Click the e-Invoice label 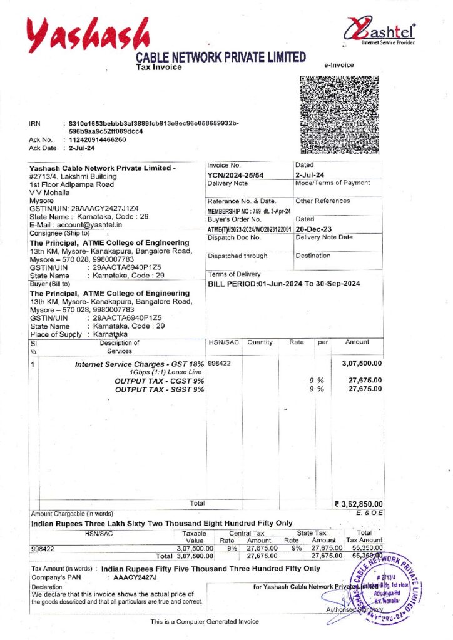click(338, 65)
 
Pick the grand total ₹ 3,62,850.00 click(359, 504)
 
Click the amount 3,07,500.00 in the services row click(362, 363)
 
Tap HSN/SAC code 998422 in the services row click(219, 363)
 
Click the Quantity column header click(260, 342)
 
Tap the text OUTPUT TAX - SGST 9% click(160, 389)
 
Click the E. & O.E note click(369, 512)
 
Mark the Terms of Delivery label click(234, 274)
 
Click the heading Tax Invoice click(159, 67)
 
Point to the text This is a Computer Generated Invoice click(204, 621)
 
